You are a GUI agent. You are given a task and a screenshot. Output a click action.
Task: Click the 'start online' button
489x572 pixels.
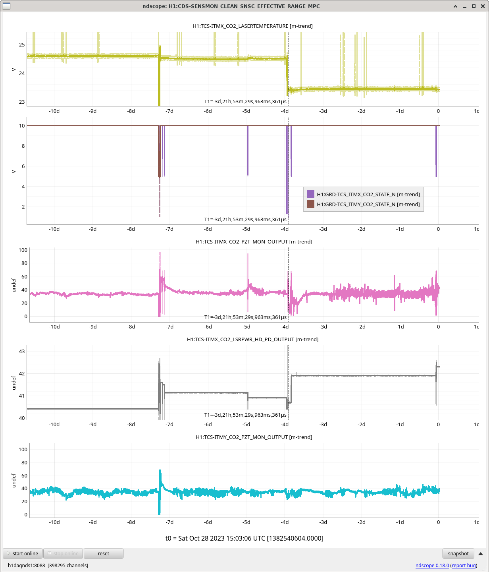click(23, 553)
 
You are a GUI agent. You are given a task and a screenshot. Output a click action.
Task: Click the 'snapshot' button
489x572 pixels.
click(458, 553)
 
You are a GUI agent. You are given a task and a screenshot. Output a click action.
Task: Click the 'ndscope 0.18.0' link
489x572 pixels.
click(432, 565)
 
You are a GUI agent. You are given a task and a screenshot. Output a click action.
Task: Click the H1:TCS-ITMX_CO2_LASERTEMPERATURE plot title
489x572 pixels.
click(252, 26)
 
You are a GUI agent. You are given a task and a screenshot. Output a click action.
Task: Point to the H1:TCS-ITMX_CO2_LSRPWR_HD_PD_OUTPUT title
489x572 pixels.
click(252, 339)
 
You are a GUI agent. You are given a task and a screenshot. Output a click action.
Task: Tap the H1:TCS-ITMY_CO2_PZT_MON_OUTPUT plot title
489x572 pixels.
click(254, 437)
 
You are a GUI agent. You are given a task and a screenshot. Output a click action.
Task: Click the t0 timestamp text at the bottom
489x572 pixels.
click(244, 538)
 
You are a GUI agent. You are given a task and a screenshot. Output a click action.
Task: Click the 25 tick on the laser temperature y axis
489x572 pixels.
click(22, 44)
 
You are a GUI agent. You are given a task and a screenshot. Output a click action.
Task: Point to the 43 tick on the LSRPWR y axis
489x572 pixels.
click(22, 351)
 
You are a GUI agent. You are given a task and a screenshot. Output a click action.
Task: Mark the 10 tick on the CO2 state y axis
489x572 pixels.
click(22, 126)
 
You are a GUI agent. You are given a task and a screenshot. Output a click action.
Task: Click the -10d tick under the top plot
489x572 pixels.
click(54, 111)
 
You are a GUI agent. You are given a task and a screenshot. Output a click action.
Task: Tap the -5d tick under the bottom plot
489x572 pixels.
click(246, 522)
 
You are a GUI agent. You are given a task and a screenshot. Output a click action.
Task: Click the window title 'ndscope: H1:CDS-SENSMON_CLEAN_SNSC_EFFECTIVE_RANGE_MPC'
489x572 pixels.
click(231, 6)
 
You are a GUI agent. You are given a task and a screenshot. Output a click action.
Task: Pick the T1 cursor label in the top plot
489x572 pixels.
click(245, 101)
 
